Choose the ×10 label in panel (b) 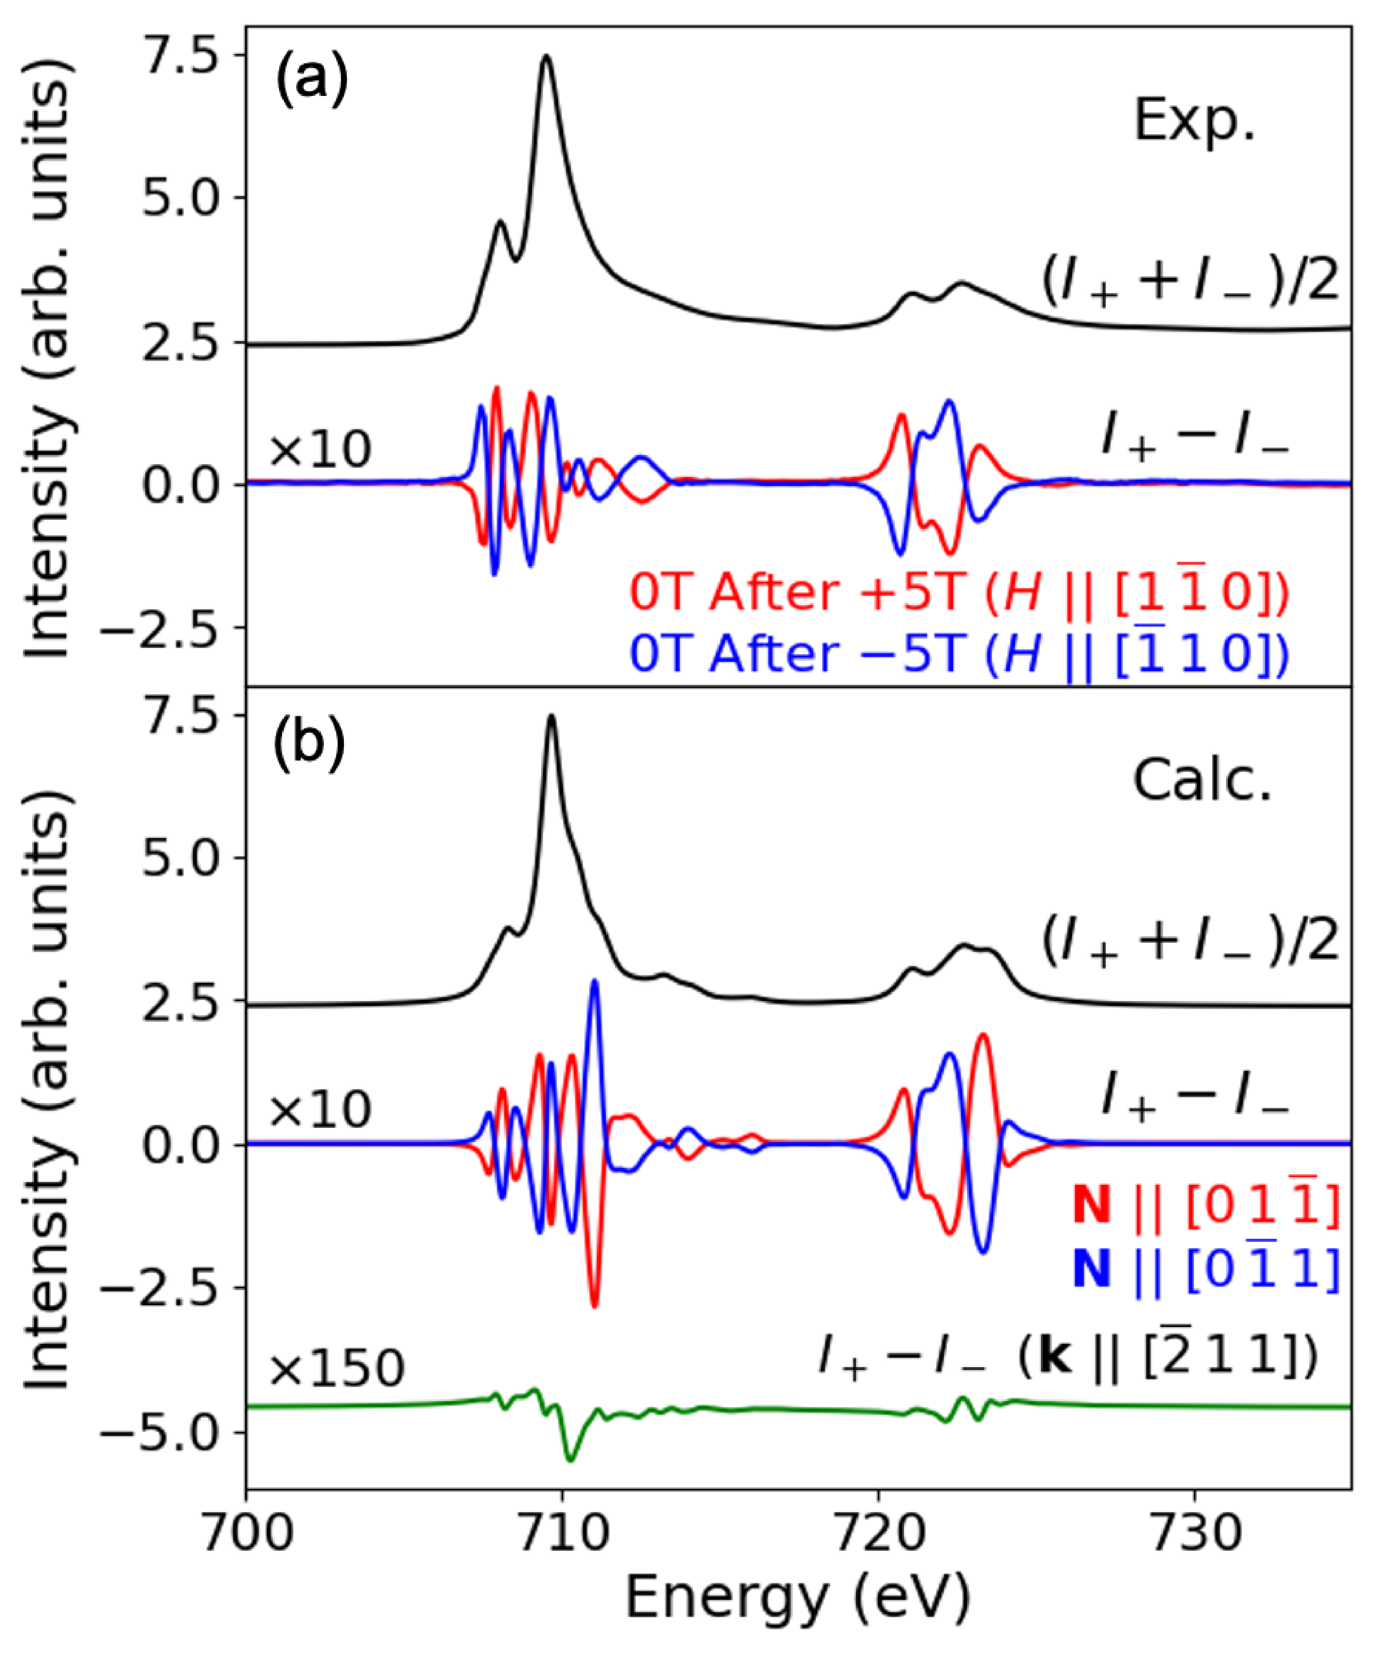[x=320, y=1110]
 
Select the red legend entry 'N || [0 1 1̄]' [x=1205, y=1205]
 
